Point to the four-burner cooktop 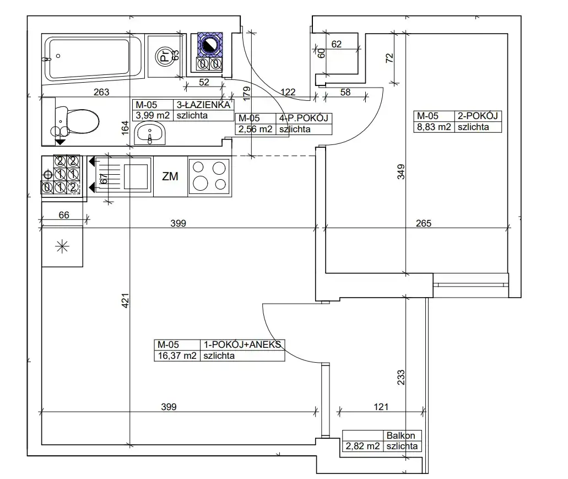(208, 176)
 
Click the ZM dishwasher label (170, 177)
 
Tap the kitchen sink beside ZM (137, 176)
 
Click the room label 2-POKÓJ (477, 116)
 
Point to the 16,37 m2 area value (177, 356)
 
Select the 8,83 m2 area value (433, 127)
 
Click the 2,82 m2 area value (363, 446)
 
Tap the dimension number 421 (125, 300)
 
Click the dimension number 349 (402, 172)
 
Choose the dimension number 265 (423, 223)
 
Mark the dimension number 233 (402, 377)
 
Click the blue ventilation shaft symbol (209, 46)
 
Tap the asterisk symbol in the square (62, 246)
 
